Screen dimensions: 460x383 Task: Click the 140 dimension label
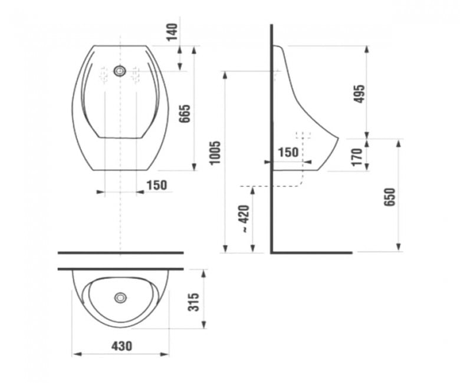point(173,32)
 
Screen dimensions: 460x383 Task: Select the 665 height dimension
point(185,114)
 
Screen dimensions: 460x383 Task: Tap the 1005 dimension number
point(215,153)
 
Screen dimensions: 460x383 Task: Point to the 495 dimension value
point(359,94)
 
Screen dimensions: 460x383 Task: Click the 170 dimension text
point(357,157)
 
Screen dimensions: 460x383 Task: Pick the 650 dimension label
point(390,197)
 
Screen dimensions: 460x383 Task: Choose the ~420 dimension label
point(244,219)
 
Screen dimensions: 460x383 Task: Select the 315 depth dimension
point(193,302)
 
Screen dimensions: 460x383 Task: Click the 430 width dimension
point(121,346)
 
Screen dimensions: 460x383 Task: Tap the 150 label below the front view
point(157,185)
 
